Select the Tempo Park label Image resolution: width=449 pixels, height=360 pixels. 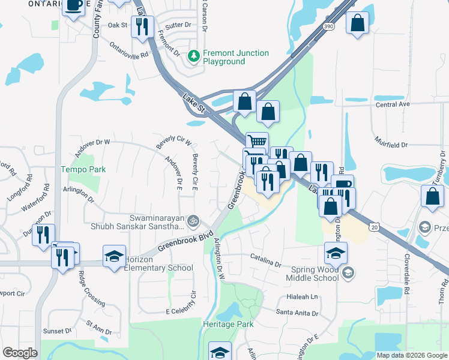point(83,169)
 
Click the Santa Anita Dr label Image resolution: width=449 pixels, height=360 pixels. point(296,311)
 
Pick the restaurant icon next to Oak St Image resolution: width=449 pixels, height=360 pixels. point(143,26)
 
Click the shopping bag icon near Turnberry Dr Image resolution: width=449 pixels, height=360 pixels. point(432,196)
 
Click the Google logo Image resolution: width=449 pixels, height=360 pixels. point(20,353)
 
